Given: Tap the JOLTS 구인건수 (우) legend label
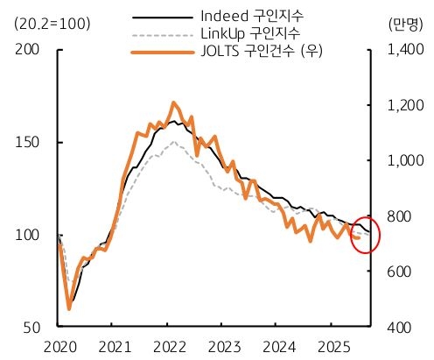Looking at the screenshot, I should pyautogui.click(x=261, y=50).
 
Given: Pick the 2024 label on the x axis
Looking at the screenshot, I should pyautogui.click(x=282, y=346).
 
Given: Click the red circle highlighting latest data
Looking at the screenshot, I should pyautogui.click(x=364, y=234).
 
